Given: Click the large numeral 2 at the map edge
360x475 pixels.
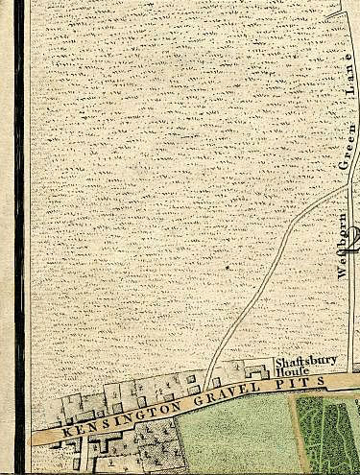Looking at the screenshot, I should click(355, 238).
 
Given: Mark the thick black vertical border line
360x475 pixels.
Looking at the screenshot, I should click(18, 230).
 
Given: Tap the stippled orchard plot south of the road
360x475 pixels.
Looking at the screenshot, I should click(154, 446).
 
